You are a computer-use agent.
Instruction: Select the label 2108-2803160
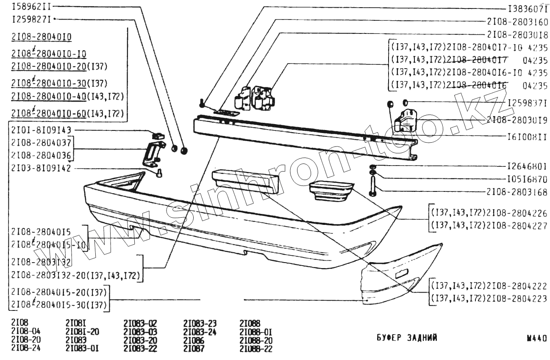click(517, 22)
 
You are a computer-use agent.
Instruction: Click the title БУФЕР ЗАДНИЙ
click(406, 338)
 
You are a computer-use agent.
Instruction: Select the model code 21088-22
click(256, 349)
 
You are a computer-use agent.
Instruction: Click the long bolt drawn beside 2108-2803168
click(372, 186)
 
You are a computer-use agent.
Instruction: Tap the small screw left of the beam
click(202, 102)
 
